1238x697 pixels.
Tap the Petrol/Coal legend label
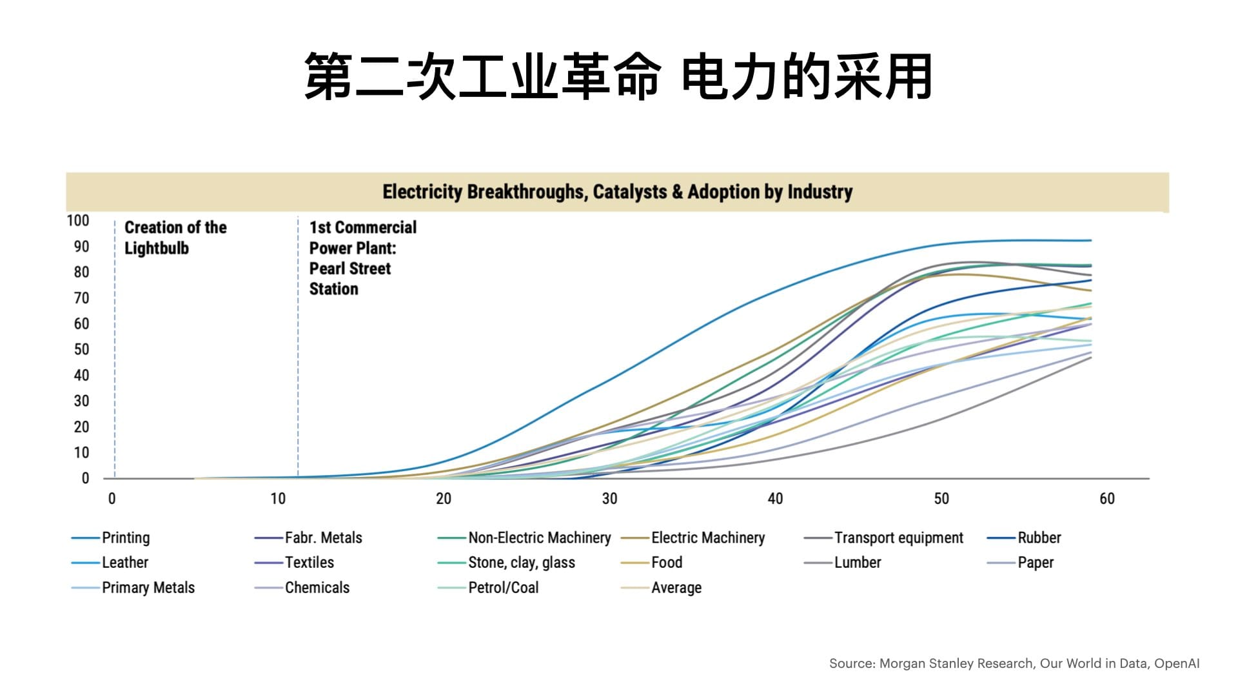503,587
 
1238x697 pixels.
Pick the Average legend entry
676,587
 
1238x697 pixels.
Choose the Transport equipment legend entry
898,538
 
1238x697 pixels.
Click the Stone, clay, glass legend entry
521,563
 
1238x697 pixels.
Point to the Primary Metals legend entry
148,587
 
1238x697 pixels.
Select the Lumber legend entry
858,562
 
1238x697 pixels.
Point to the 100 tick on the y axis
78,221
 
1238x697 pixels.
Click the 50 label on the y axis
81,349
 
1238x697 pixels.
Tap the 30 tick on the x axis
609,498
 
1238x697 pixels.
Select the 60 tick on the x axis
1106,498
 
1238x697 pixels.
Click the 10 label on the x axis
277,498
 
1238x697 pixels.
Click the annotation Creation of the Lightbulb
175,237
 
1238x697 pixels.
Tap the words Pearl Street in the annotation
350,268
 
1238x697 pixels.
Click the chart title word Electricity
422,192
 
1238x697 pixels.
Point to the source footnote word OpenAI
1177,663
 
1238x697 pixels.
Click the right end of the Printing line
1092,241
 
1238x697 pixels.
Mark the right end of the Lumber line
1092,358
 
